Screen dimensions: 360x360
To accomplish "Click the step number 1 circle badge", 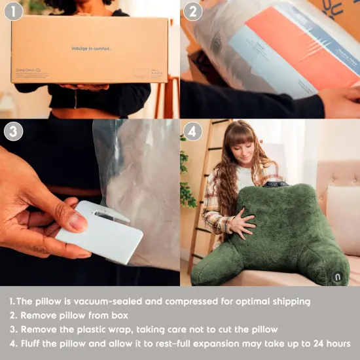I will coord(13,12).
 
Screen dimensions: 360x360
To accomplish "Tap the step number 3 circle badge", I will coord(13,131).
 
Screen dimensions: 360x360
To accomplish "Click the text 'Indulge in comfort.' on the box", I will coord(91,48).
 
